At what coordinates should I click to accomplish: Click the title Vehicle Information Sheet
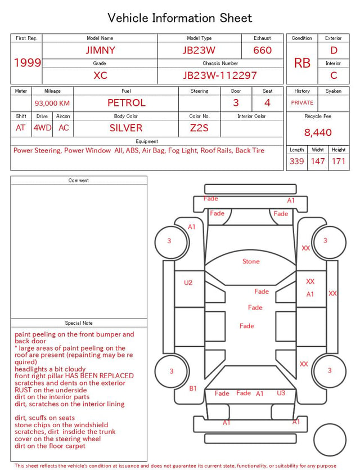coord(179,18)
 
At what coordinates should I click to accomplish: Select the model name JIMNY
coord(100,50)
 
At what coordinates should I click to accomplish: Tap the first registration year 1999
coord(28,62)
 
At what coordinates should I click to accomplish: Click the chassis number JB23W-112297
coord(220,75)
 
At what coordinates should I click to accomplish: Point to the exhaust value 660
coord(262,50)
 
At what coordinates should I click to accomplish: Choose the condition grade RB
coord(302,63)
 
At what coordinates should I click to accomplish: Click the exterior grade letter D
coord(334,50)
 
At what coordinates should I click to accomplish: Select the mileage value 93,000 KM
coord(52,104)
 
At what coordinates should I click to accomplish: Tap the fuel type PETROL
coord(127,103)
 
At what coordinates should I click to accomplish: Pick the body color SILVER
coord(126,128)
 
